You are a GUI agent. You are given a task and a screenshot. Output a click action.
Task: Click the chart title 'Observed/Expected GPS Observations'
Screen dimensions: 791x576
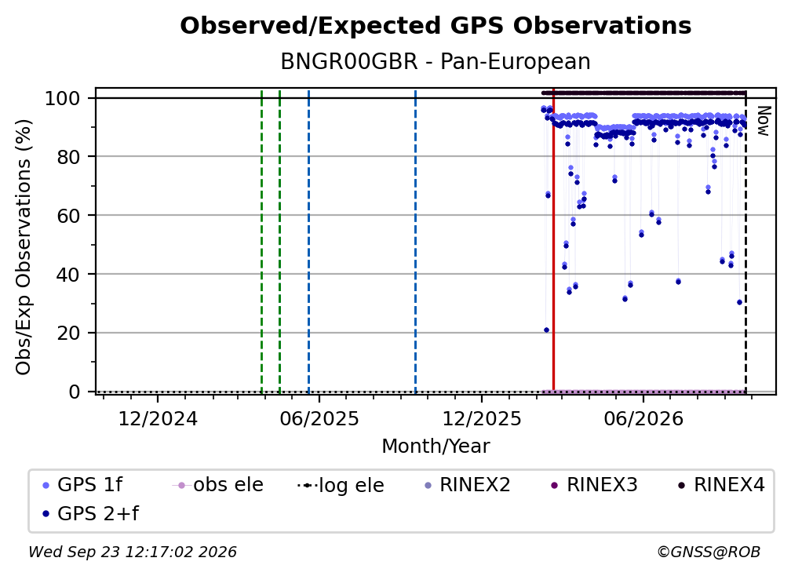[x=436, y=26]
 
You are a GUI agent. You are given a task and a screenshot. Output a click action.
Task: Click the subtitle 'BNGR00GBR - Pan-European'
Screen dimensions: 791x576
[x=436, y=61]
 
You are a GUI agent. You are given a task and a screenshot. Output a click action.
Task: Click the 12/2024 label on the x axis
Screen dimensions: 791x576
[x=158, y=418]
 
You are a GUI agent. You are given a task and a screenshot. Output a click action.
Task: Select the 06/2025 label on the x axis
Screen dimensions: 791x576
[x=319, y=418]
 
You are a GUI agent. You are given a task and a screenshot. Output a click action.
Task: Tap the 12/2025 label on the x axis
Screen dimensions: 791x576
[x=482, y=418]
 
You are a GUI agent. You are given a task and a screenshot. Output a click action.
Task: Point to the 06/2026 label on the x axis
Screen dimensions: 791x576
[x=643, y=418]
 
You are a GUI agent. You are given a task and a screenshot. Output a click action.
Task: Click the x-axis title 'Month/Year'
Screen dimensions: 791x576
[x=436, y=447]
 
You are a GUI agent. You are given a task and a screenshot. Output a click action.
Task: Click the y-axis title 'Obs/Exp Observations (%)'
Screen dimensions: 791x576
[x=24, y=247]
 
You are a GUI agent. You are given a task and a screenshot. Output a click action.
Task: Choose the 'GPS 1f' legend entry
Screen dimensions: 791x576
[x=82, y=485]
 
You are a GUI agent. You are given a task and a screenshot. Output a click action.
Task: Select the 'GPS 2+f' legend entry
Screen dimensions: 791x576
[x=91, y=514]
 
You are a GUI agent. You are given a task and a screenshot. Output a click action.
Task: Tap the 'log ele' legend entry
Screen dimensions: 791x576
[x=341, y=486]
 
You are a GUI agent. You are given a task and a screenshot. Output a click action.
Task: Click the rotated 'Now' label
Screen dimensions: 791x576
[x=763, y=121]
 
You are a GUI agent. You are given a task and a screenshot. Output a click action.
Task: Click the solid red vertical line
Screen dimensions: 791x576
[x=553, y=239]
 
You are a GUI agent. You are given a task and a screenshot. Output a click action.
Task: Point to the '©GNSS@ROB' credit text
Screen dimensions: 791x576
[x=709, y=552]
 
